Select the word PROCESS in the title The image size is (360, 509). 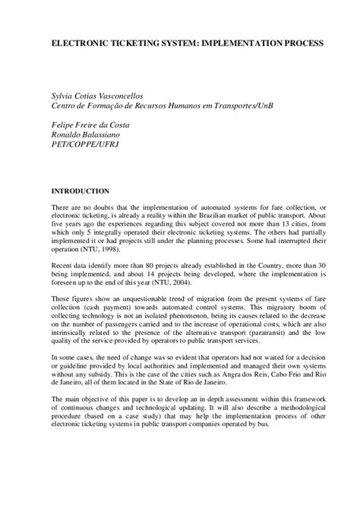click(x=305, y=45)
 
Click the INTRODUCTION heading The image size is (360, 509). click(x=80, y=191)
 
